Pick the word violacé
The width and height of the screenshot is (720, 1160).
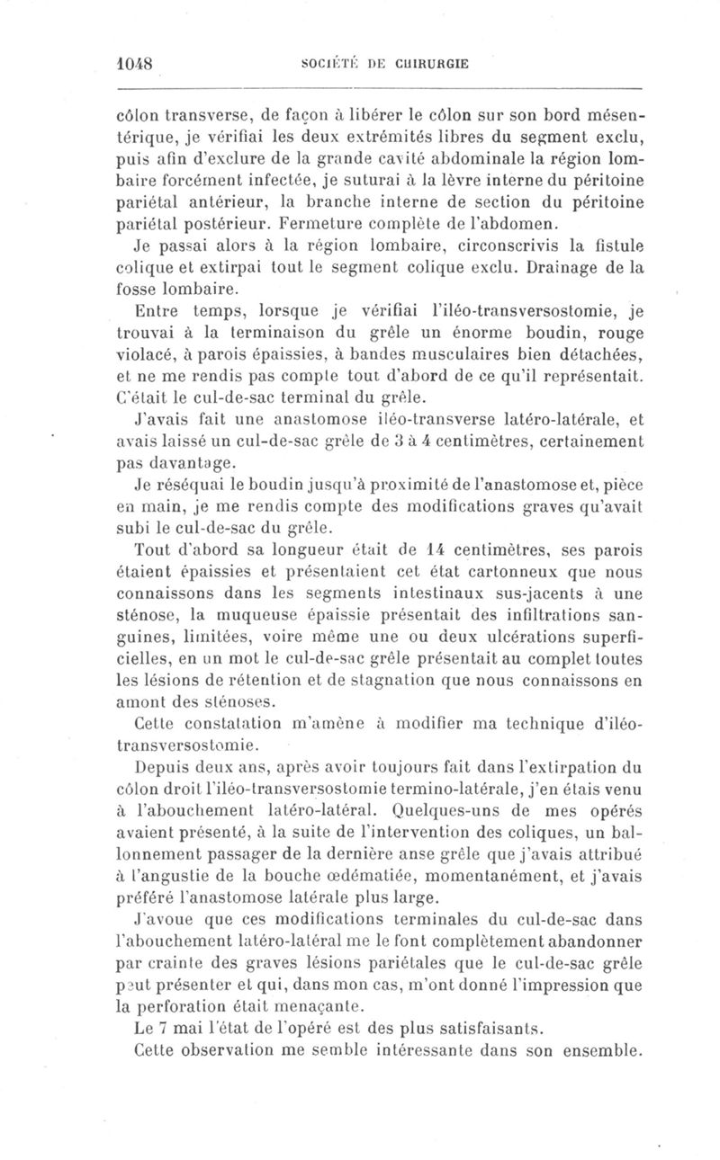tap(148, 361)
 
